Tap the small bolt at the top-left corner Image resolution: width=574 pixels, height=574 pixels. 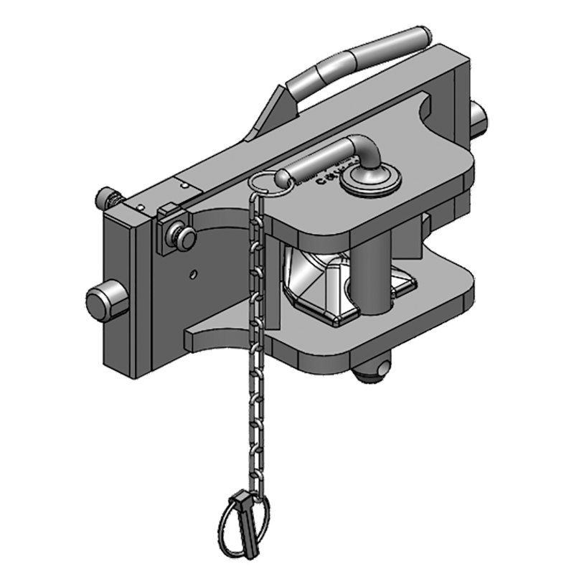[x=110, y=196]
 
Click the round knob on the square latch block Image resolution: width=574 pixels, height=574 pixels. [x=185, y=237]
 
